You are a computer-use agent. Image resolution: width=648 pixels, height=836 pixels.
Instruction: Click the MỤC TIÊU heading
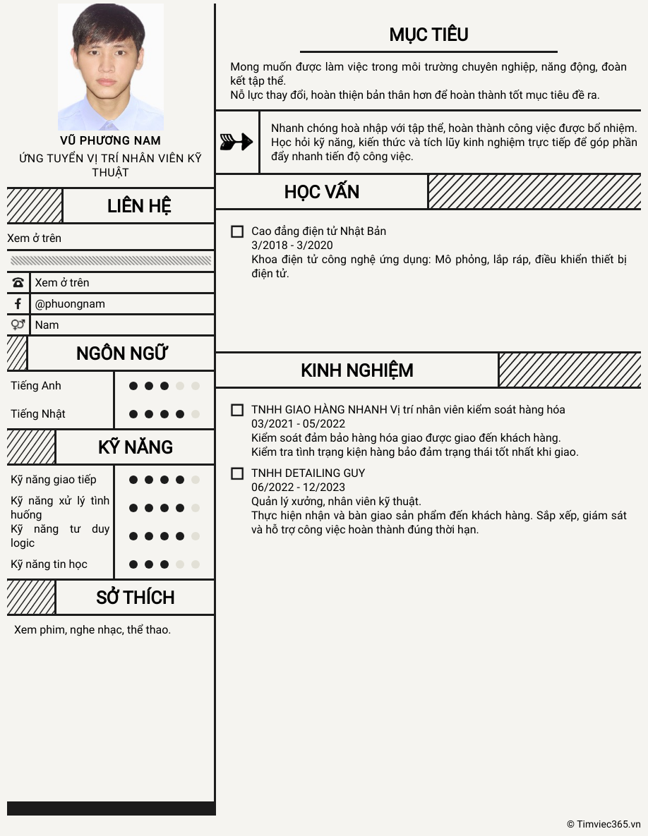pyautogui.click(x=428, y=35)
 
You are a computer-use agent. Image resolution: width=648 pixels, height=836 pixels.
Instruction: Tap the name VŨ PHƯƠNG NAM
pyautogui.click(x=110, y=140)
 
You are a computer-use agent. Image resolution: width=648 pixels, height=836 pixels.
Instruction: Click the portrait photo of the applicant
pyautogui.click(x=111, y=67)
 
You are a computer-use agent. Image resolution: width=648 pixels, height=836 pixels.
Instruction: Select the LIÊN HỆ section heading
pyautogui.click(x=139, y=206)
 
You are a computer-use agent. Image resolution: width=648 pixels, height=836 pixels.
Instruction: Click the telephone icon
pyautogui.click(x=18, y=282)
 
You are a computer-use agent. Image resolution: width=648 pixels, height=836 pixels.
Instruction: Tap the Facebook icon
pyautogui.click(x=18, y=303)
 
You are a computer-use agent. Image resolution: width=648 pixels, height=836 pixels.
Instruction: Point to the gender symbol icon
pyautogui.click(x=18, y=325)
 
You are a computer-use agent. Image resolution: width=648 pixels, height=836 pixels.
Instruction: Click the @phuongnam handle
pyautogui.click(x=70, y=303)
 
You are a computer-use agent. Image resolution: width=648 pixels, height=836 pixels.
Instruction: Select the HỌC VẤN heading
pyautogui.click(x=322, y=192)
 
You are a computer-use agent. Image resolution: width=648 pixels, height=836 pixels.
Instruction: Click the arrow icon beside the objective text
pyautogui.click(x=236, y=142)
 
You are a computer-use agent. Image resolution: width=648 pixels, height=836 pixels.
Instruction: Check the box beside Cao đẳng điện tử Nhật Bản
pyautogui.click(x=237, y=231)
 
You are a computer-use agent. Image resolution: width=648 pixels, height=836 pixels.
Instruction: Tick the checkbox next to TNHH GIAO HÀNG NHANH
pyautogui.click(x=237, y=410)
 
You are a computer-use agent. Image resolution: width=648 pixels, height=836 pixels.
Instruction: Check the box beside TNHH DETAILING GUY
pyautogui.click(x=237, y=473)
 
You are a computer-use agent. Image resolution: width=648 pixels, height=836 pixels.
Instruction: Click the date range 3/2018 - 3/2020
pyautogui.click(x=292, y=246)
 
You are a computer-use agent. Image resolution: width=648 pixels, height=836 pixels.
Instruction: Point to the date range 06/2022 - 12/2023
pyautogui.click(x=298, y=487)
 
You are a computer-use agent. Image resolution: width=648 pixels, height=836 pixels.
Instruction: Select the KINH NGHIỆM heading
pyautogui.click(x=357, y=370)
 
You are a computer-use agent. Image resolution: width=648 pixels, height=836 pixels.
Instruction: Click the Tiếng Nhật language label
pyautogui.click(x=38, y=414)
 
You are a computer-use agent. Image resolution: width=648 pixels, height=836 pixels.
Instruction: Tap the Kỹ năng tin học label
pyautogui.click(x=49, y=564)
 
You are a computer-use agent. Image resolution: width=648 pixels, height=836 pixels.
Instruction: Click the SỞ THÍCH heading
pyautogui.click(x=135, y=598)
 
